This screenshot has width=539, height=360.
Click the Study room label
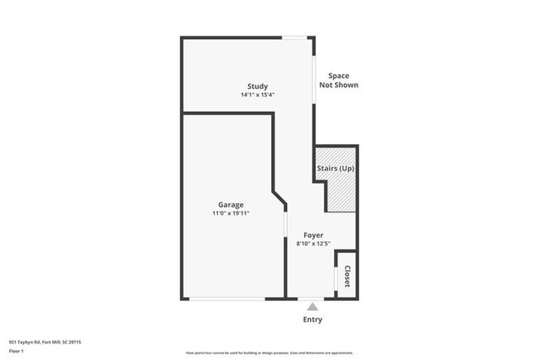pos(257,86)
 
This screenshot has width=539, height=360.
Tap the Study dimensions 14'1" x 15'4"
pos(257,95)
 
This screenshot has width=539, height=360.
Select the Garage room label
pos(231,204)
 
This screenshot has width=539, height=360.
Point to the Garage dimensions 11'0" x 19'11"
pos(231,213)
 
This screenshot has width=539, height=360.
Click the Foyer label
pos(313,235)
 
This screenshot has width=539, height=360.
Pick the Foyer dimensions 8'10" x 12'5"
pos(313,243)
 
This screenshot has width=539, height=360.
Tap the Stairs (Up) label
pos(336,169)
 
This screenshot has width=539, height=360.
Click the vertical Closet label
pos(347,276)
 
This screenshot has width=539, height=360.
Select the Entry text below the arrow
pos(313,319)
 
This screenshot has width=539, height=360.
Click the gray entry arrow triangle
pos(313,306)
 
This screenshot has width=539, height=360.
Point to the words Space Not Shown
pos(338,80)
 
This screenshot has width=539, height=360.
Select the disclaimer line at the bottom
pos(269,353)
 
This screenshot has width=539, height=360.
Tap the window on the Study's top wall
pos(295,37)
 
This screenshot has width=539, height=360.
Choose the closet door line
pos(335,279)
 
